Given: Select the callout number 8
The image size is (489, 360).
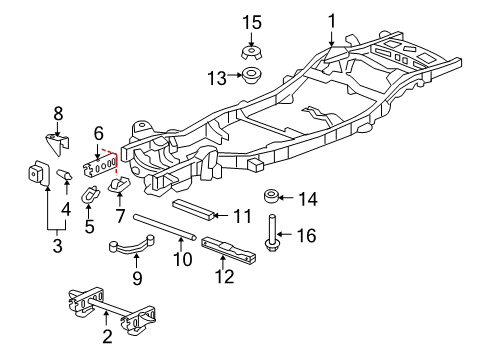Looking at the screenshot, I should tap(57, 114).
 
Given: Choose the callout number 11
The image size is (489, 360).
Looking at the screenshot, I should tap(243, 215).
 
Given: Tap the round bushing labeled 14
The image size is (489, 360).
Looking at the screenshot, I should tap(270, 195).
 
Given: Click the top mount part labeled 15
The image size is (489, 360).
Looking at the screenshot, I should tap(250, 51).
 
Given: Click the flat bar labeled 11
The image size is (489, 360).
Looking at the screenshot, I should tap(193, 208).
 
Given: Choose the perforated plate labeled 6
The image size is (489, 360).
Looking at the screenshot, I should tap(105, 160).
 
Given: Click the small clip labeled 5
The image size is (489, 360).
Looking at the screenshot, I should tap(89, 191).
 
